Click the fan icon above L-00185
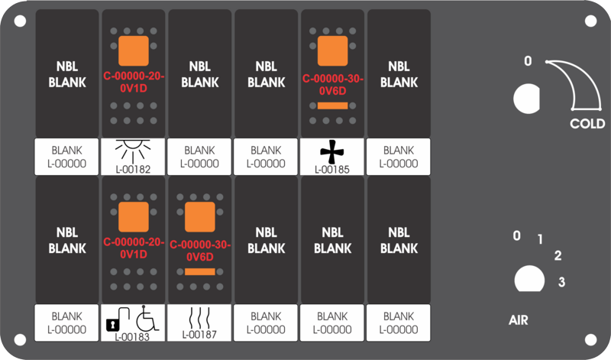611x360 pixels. (x=332, y=152)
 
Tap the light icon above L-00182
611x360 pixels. (x=133, y=150)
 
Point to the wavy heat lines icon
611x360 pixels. (x=199, y=318)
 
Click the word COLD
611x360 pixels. (x=587, y=124)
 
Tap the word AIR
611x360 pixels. (x=519, y=320)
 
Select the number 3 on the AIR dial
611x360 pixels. (x=561, y=281)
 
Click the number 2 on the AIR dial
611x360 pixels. (x=558, y=255)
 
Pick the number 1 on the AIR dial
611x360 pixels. (x=540, y=238)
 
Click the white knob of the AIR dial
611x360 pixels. (x=529, y=279)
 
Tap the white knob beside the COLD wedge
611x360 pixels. (x=526, y=99)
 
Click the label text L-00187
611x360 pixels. (x=199, y=334)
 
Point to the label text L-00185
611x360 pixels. (x=332, y=169)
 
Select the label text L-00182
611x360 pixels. (x=133, y=169)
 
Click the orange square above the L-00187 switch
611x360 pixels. (x=200, y=217)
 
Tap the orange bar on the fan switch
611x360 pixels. (x=332, y=105)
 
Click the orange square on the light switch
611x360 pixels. (x=134, y=50)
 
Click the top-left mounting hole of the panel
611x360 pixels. (x=20, y=21)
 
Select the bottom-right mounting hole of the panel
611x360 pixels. (x=590, y=339)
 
